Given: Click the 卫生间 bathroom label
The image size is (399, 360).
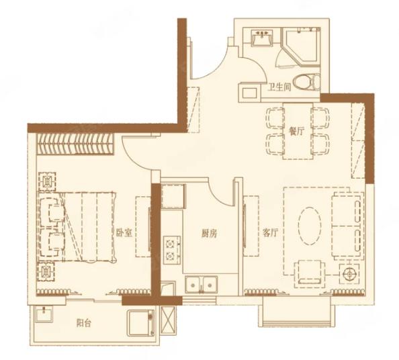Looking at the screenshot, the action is (279, 87).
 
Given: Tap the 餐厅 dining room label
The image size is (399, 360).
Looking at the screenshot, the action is (297, 132).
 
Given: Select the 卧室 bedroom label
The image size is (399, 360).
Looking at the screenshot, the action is (124, 233).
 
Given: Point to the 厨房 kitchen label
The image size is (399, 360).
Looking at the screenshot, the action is (209, 233).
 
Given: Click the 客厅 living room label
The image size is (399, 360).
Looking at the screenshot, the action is (271, 233).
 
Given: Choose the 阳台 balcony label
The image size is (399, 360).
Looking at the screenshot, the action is (84, 323).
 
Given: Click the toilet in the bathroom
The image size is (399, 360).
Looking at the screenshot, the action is (306, 82).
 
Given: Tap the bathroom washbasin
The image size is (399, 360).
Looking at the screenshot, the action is (262, 38).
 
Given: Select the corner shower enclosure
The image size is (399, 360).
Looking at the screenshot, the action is (300, 47).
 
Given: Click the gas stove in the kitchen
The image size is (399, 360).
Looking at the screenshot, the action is (172, 250).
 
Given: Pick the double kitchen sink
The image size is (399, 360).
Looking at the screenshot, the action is (202, 284).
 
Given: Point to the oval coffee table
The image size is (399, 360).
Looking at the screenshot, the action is (310, 226).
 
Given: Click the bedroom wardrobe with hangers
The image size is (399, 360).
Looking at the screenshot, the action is (75, 144).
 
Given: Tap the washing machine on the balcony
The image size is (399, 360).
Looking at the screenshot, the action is (140, 323).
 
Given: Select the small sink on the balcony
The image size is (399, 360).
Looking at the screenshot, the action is (44, 314).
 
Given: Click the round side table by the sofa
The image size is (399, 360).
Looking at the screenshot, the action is (349, 274).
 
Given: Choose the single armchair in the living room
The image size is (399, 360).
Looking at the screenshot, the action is (310, 273).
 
